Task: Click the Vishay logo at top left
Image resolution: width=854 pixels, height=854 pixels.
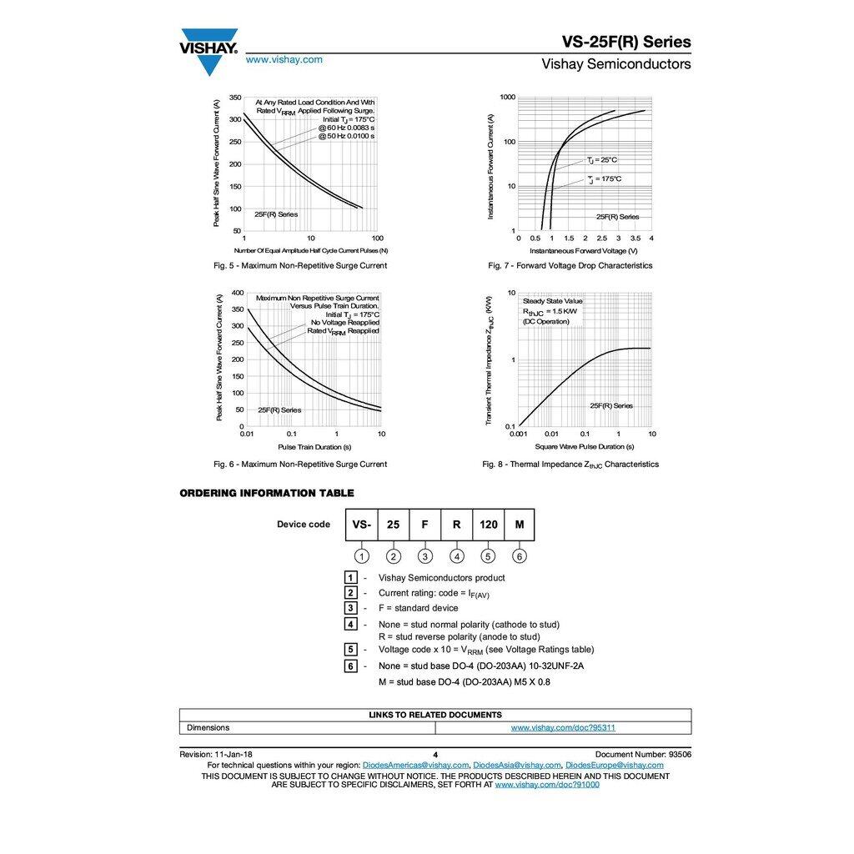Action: pos(208,48)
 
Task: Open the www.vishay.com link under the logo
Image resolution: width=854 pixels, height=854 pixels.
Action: pos(284,59)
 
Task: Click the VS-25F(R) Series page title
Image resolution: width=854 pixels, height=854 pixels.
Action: pos(625,42)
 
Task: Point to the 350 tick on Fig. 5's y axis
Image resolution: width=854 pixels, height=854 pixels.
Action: pos(235,98)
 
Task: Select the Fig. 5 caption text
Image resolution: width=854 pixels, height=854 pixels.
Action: pos(299,265)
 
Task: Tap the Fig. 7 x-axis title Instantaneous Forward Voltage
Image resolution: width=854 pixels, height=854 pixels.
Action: pos(583,250)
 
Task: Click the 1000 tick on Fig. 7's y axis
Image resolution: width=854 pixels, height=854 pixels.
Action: pos(507,98)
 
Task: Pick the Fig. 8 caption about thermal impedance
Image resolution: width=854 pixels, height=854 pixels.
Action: pos(570,464)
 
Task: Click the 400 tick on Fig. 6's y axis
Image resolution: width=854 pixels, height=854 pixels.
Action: pos(237,293)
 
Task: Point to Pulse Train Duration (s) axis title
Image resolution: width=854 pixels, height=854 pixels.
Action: pos(310,447)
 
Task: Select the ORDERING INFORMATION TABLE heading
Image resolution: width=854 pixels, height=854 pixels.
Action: pos(267,493)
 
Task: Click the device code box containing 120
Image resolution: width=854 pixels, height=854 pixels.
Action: pos(488,525)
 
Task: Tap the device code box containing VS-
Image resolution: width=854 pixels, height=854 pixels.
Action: pos(361,525)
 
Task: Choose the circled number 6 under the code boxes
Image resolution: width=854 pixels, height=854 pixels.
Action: pos(520,556)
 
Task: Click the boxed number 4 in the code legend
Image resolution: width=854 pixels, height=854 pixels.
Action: pos(352,624)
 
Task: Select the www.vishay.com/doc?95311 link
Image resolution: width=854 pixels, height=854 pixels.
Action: pos(563,727)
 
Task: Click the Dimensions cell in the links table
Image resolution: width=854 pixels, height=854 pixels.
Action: pos(208,727)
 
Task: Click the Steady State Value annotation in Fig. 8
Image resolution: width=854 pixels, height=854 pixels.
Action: pos(552,301)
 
